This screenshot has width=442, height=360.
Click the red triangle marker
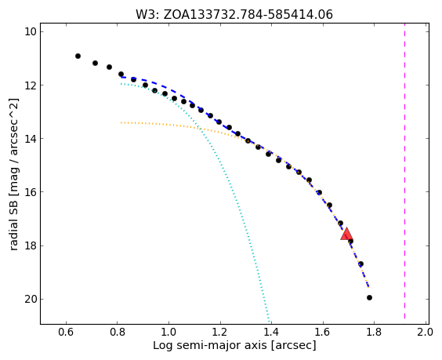click(346, 234)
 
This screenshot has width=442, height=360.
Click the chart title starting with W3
click(234, 14)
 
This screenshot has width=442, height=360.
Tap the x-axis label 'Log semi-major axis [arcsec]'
click(234, 345)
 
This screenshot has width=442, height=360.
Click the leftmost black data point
click(78, 56)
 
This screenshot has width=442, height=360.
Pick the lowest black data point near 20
click(369, 297)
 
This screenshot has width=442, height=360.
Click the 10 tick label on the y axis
click(30, 31)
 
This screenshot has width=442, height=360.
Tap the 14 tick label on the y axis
click(30, 139)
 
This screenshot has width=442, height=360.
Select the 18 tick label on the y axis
click(30, 245)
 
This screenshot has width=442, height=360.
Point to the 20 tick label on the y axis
click(30, 299)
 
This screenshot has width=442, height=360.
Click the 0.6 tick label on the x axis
click(66, 332)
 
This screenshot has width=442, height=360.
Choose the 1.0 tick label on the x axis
click(168, 332)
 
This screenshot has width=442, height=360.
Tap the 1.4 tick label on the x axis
click(271, 332)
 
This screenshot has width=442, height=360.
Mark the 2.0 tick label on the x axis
click(425, 332)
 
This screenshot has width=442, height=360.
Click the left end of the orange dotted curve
click(121, 122)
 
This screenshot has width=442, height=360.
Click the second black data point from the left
click(96, 63)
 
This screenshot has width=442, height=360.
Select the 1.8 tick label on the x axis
click(374, 332)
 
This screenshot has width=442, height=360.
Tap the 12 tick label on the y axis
click(30, 85)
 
